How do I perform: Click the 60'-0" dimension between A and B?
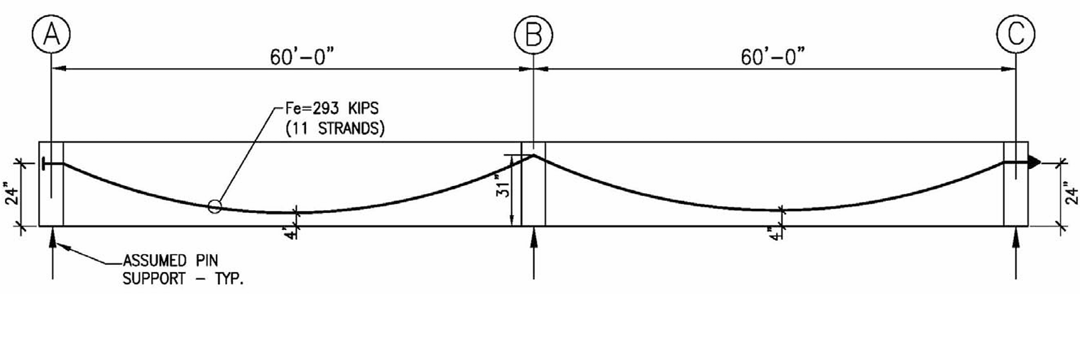[x=302, y=57]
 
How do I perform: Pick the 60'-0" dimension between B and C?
[x=773, y=57]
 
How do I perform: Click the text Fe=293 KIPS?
[x=332, y=109]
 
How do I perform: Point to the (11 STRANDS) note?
[x=335, y=129]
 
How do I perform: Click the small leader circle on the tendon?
[x=215, y=207]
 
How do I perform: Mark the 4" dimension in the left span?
[x=289, y=234]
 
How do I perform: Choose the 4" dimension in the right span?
[x=775, y=234]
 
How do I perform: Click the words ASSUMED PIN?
[x=170, y=261]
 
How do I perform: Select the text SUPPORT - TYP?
[x=182, y=278]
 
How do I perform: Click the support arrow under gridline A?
[x=52, y=253]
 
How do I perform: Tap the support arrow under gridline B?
[x=533, y=253]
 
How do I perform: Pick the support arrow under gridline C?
[x=1016, y=253]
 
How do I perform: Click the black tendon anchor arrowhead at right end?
[x=1034, y=163]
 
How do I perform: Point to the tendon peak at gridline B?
[x=533, y=155]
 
